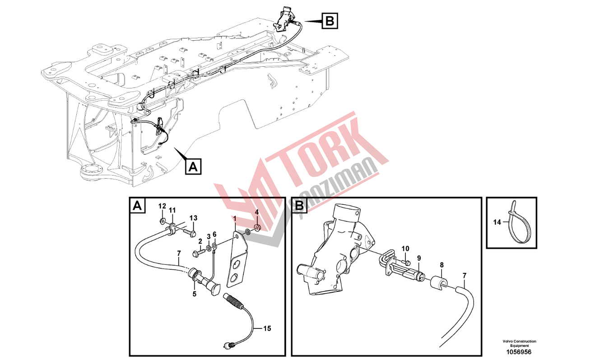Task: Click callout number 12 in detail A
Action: click(x=162, y=206)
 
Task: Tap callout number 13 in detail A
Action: click(x=193, y=218)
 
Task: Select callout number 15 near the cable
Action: click(x=267, y=328)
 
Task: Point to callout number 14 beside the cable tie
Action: click(x=497, y=222)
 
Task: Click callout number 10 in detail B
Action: click(x=405, y=249)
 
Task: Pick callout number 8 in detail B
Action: click(x=441, y=265)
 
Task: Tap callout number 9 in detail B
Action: click(x=419, y=258)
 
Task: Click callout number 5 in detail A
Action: click(x=195, y=294)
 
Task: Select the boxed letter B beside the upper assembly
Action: click(x=330, y=21)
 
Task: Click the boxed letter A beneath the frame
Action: click(x=193, y=166)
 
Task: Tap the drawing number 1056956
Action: click(x=519, y=352)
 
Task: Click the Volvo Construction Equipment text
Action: click(x=519, y=343)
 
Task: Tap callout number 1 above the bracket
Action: click(x=235, y=218)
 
